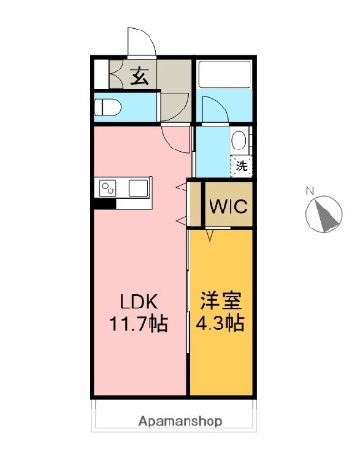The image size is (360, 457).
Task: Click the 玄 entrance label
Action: (x=139, y=75)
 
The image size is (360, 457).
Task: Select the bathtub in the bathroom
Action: (x=225, y=74)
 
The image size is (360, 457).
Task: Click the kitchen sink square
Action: (x=137, y=186)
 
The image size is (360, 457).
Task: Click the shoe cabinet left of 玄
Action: (x=108, y=75)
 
